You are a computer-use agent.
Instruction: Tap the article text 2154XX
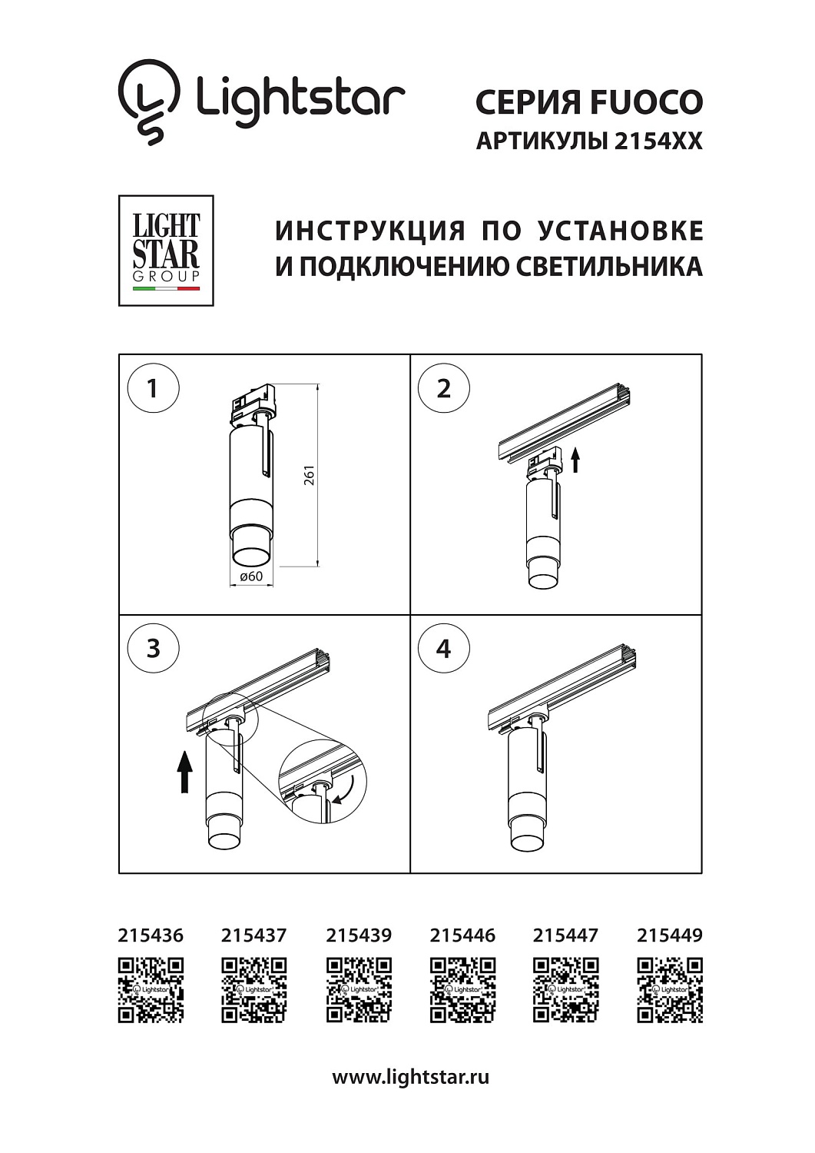click(658, 141)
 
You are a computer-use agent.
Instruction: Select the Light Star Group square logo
click(166, 251)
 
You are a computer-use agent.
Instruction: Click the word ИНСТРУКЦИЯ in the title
click(370, 231)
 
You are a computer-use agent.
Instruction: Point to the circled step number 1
click(152, 388)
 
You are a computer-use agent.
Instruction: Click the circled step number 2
click(443, 388)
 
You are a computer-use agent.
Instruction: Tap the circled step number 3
click(152, 648)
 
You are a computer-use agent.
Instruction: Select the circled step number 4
click(443, 648)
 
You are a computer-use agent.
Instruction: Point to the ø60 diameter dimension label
click(251, 576)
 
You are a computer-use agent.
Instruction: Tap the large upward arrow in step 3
click(184, 771)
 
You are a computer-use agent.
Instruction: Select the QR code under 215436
click(151, 990)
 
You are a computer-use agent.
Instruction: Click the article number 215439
click(358, 935)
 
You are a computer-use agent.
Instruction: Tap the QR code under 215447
click(565, 990)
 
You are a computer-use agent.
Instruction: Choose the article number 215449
click(669, 935)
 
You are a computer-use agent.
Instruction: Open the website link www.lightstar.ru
click(410, 1077)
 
